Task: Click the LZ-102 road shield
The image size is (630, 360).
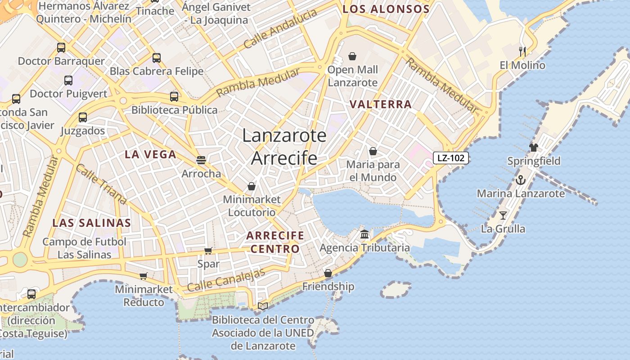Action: click(x=451, y=158)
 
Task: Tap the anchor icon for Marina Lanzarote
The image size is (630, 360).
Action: click(x=520, y=180)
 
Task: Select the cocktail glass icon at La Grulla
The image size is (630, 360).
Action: click(x=503, y=216)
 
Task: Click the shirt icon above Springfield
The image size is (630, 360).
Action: click(x=534, y=147)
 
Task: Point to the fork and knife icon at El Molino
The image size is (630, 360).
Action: click(x=522, y=51)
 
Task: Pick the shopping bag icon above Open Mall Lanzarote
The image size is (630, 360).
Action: click(x=352, y=56)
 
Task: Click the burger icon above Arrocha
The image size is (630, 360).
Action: click(x=201, y=160)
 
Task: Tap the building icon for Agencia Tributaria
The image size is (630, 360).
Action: click(x=364, y=234)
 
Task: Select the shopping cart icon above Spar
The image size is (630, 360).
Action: click(x=208, y=251)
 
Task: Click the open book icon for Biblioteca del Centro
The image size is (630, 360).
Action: click(x=263, y=306)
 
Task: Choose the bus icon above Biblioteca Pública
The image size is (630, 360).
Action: click(x=174, y=96)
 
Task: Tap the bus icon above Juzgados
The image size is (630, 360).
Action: click(x=83, y=117)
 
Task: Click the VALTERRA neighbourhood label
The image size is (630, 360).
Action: click(x=381, y=104)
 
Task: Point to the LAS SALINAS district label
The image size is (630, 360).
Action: click(x=92, y=223)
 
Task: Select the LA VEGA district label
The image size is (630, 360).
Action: click(x=150, y=154)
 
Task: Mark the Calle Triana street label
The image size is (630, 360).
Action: click(x=101, y=184)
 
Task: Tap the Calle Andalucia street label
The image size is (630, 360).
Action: click(x=280, y=29)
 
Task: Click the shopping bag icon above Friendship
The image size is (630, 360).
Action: click(x=328, y=273)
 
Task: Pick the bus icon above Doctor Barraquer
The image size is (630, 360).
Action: click(x=61, y=47)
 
